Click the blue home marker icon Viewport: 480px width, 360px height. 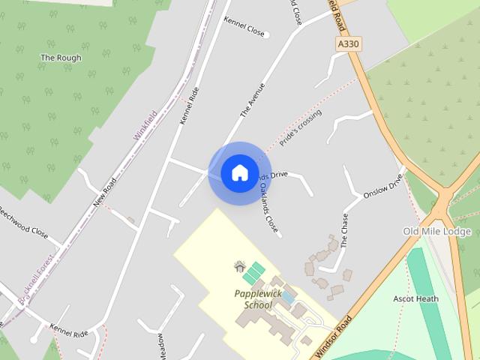pyautogui.click(x=239, y=173)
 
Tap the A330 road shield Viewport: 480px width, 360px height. pyautogui.click(x=348, y=44)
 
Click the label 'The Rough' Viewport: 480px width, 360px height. pyautogui.click(x=61, y=58)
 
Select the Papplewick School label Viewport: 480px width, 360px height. pyautogui.click(x=257, y=299)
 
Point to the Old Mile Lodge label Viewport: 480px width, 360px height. pyautogui.click(x=436, y=231)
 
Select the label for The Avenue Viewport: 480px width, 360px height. pyautogui.click(x=253, y=100)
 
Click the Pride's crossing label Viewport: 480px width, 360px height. pyautogui.click(x=300, y=127)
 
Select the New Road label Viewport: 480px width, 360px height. pyautogui.click(x=106, y=193)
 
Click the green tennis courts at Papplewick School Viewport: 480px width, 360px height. pyautogui.click(x=253, y=272)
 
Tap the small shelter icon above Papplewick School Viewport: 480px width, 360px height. pyautogui.click(x=240, y=265)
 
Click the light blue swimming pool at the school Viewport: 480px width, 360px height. pyautogui.click(x=288, y=298)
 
